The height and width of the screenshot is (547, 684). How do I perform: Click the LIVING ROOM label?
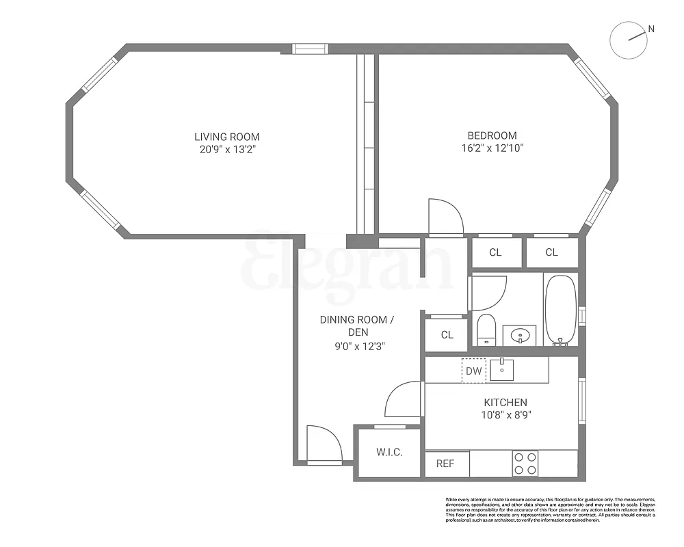(x=226, y=137)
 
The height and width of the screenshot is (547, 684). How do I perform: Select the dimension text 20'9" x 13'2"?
(x=226, y=148)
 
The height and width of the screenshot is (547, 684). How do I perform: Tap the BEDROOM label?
(x=492, y=135)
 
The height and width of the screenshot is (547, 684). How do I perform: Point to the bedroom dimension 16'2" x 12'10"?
(x=492, y=148)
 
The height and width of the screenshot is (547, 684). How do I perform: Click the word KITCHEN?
(x=505, y=403)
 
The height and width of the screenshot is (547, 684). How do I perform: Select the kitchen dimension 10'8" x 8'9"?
(x=505, y=414)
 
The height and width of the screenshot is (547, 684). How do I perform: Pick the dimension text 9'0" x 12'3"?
(x=357, y=346)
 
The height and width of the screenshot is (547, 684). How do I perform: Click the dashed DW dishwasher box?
(x=473, y=371)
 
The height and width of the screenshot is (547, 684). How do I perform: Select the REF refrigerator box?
(x=445, y=464)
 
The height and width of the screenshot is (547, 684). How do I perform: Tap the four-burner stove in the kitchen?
(x=525, y=464)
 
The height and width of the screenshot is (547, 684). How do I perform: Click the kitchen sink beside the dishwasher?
(x=502, y=370)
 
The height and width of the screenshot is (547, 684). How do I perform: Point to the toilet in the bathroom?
(x=486, y=329)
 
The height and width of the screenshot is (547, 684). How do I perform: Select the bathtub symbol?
(x=561, y=308)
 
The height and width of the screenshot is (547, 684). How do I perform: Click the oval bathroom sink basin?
(x=521, y=336)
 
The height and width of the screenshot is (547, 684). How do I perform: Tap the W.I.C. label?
(x=389, y=453)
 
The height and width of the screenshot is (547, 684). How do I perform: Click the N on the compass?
(x=651, y=29)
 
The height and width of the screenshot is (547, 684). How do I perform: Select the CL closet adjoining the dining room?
(x=447, y=335)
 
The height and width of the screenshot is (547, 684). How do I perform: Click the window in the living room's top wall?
(x=310, y=49)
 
